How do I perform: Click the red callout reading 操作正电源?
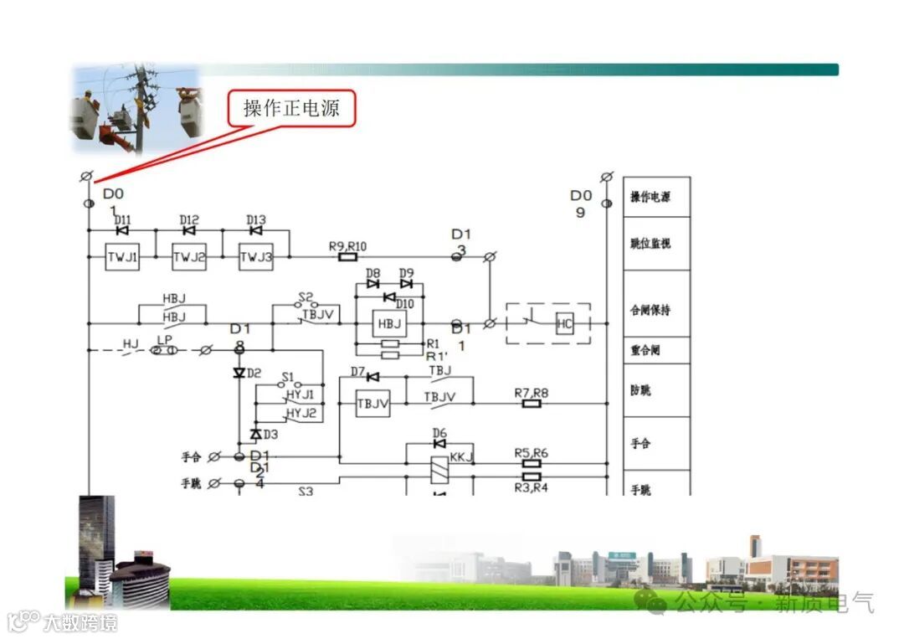(x=292, y=109)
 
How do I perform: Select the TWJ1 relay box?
(x=122, y=257)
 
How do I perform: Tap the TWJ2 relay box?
(x=189, y=257)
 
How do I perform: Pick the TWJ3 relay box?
(x=256, y=257)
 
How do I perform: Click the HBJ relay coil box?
(x=389, y=324)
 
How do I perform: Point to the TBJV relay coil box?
(x=372, y=403)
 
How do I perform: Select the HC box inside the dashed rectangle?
(x=565, y=324)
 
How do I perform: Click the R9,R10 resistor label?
(x=347, y=245)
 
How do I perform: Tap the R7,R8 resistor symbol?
(x=532, y=404)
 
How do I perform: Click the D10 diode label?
(x=404, y=304)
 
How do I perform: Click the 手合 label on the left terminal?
(x=192, y=457)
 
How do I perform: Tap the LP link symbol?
(x=164, y=350)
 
